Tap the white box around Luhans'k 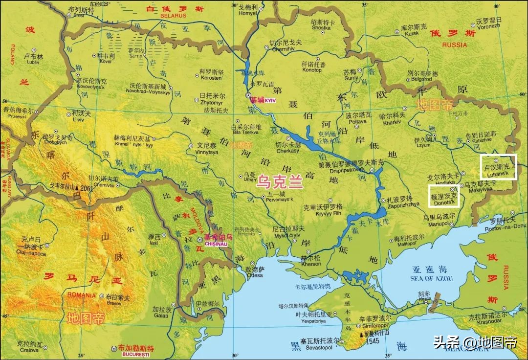(x=498, y=167)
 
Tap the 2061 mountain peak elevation (x=87, y=188)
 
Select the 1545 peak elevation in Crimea (x=372, y=340)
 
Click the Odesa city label (x=254, y=275)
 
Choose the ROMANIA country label (x=82, y=295)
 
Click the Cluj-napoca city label (x=31, y=254)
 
